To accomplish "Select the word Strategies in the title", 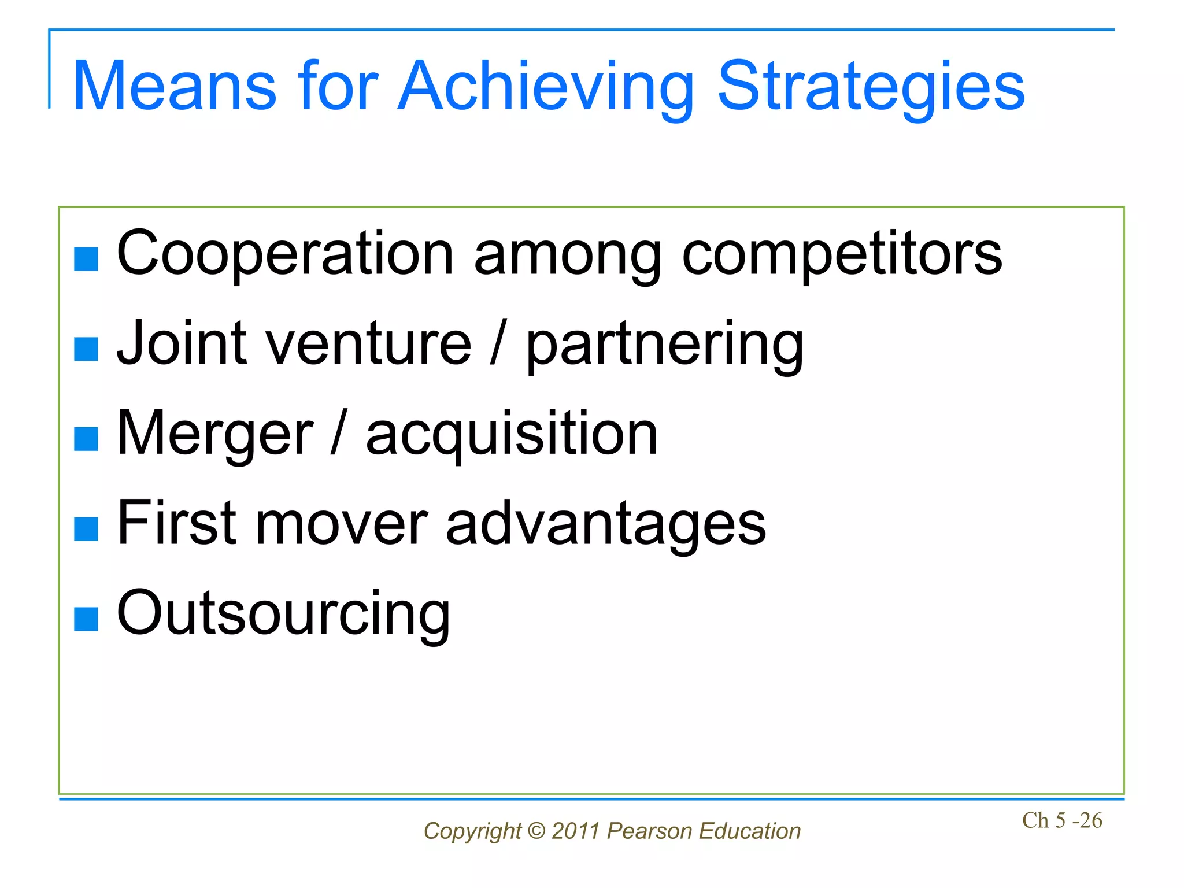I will pyautogui.click(x=871, y=87).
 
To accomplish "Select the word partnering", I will pyautogui.click(x=665, y=345).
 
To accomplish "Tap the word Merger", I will pyautogui.click(x=214, y=434).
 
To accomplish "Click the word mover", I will pyautogui.click(x=341, y=523).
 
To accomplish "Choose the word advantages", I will pyautogui.click(x=605, y=524).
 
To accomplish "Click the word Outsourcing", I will pyautogui.click(x=283, y=613).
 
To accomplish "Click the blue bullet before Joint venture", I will pyautogui.click(x=86, y=349).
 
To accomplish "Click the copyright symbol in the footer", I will pyautogui.click(x=536, y=831).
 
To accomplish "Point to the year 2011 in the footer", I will pyautogui.click(x=576, y=831).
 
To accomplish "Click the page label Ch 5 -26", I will pyautogui.click(x=1062, y=820).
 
